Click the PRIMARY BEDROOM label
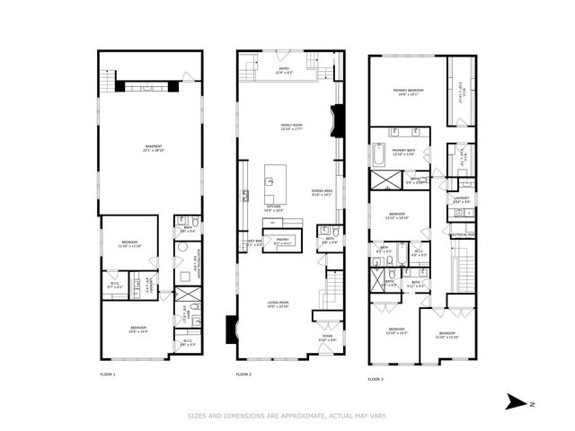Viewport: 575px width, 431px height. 407,92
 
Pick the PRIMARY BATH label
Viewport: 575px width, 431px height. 403,151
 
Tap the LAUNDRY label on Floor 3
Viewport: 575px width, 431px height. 462,200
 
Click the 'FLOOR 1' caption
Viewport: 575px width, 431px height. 108,374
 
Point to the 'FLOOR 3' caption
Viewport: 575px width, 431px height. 376,379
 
